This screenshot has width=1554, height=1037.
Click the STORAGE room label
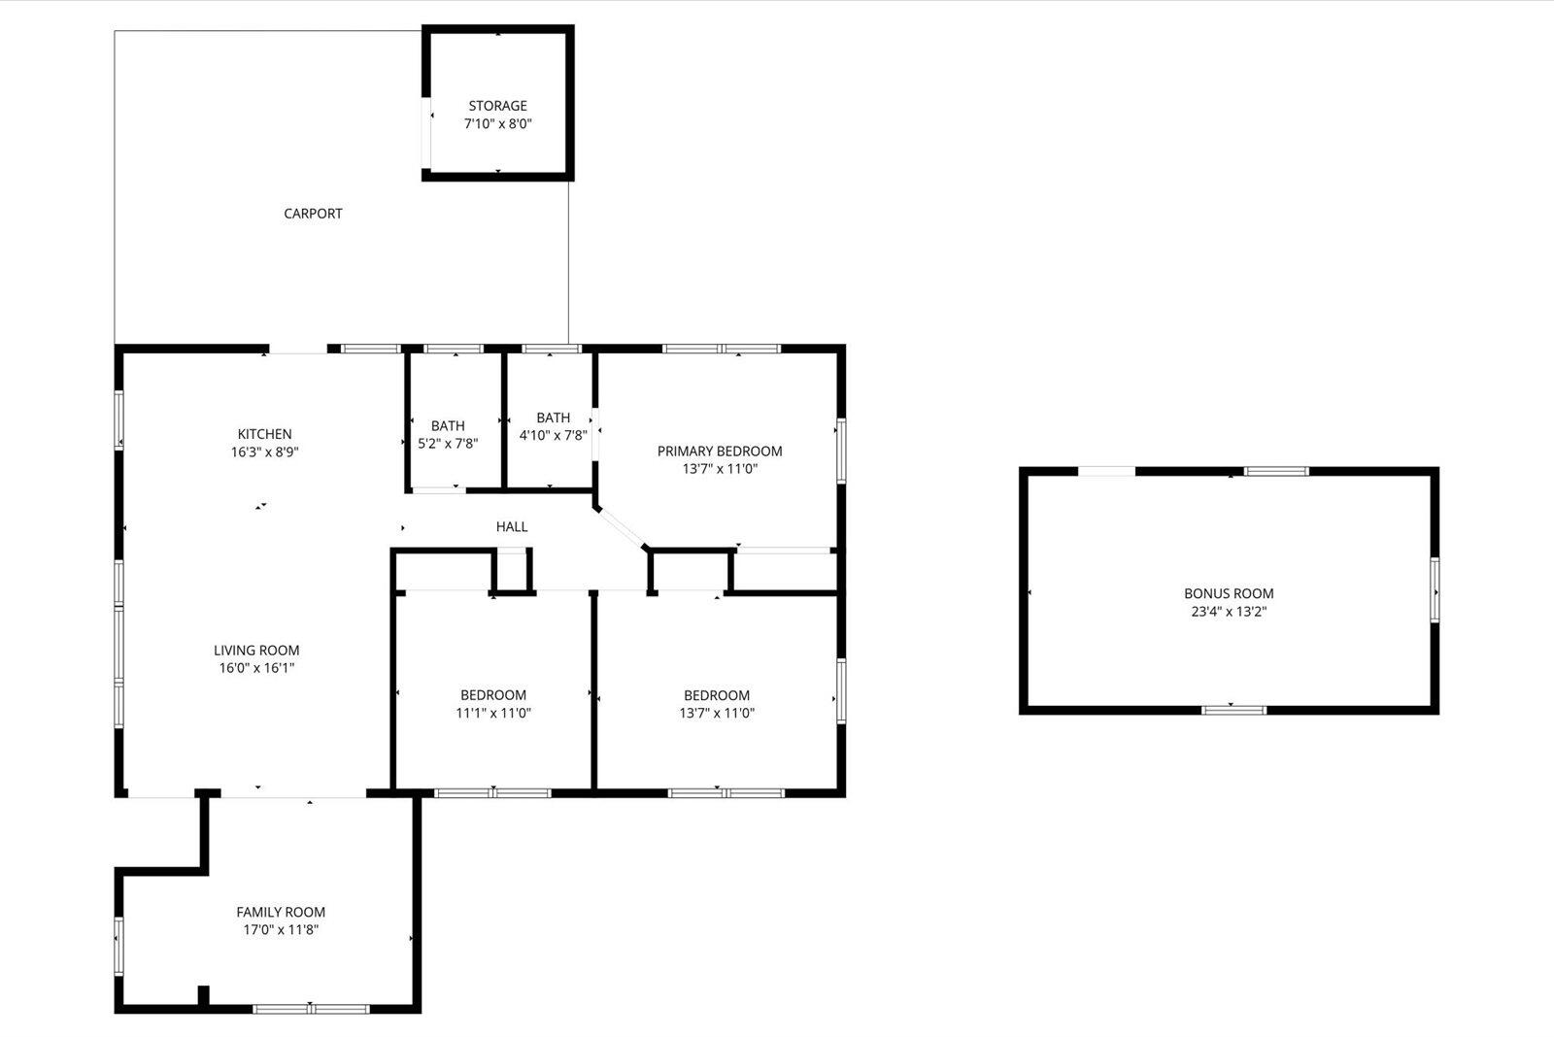click(x=497, y=106)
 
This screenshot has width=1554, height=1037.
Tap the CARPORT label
click(x=313, y=214)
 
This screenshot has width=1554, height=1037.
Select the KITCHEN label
click(x=264, y=434)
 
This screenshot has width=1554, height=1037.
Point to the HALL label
click(x=512, y=526)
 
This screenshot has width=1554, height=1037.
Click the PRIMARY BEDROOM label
click(x=720, y=451)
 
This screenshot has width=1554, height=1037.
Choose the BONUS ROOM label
click(x=1229, y=593)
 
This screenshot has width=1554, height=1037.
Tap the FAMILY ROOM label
click(x=281, y=912)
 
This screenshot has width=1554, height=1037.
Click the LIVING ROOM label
click(x=256, y=651)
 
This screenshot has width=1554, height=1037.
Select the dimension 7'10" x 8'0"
click(x=497, y=123)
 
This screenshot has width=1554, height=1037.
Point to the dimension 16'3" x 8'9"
click(x=264, y=452)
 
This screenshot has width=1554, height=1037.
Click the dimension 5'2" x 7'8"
click(x=448, y=444)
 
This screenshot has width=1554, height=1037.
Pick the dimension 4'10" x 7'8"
click(x=553, y=436)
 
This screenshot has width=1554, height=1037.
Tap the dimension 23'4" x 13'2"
click(x=1229, y=612)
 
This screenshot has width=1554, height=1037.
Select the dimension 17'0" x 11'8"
click(x=281, y=929)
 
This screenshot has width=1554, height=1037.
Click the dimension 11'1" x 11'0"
click(x=493, y=713)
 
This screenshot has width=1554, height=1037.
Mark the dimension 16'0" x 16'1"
click(x=256, y=668)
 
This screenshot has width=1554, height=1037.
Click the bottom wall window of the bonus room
click(x=1233, y=710)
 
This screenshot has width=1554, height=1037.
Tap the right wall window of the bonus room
click(x=1435, y=590)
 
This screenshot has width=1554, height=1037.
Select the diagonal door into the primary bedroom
click(x=620, y=527)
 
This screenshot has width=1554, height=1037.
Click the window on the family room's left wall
click(x=118, y=945)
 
